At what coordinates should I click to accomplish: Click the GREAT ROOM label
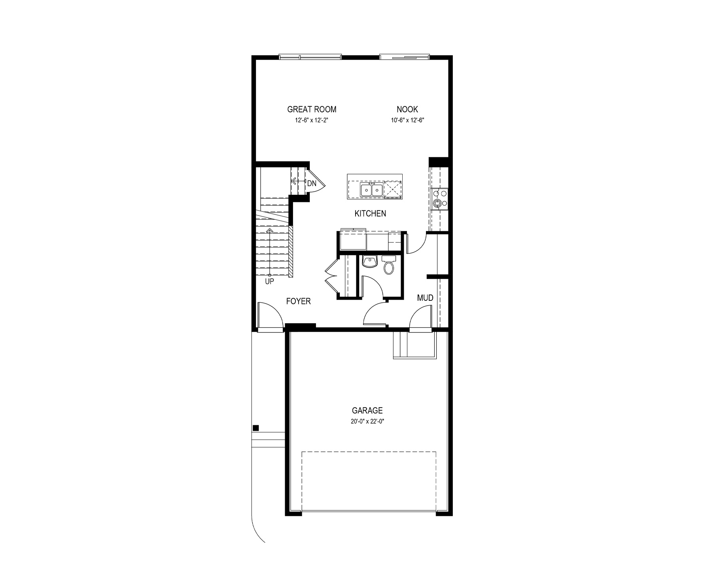pyautogui.click(x=312, y=109)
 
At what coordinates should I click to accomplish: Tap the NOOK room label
pyautogui.click(x=407, y=109)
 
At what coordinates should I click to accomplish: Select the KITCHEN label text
pyautogui.click(x=370, y=214)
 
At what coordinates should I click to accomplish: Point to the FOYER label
pyautogui.click(x=299, y=302)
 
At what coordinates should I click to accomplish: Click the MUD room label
pyautogui.click(x=425, y=298)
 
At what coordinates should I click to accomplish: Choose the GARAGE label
pyautogui.click(x=368, y=411)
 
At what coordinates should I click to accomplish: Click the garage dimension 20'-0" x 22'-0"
pyautogui.click(x=368, y=421)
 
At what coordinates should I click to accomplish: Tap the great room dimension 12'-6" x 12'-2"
pyautogui.click(x=312, y=120)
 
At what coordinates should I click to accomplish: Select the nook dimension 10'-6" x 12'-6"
pyautogui.click(x=407, y=120)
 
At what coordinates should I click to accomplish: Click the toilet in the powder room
pyautogui.click(x=389, y=266)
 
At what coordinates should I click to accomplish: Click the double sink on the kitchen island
pyautogui.click(x=371, y=190)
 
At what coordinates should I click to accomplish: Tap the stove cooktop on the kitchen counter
pyautogui.click(x=440, y=198)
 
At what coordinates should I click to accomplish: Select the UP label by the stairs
pyautogui.click(x=269, y=281)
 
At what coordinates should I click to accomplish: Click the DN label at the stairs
pyautogui.click(x=312, y=183)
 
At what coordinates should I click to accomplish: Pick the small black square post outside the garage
pyautogui.click(x=256, y=428)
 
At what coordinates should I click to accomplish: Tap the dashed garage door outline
pyautogui.click(x=369, y=452)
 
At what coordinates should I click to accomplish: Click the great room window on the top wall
pyautogui.click(x=310, y=57)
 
